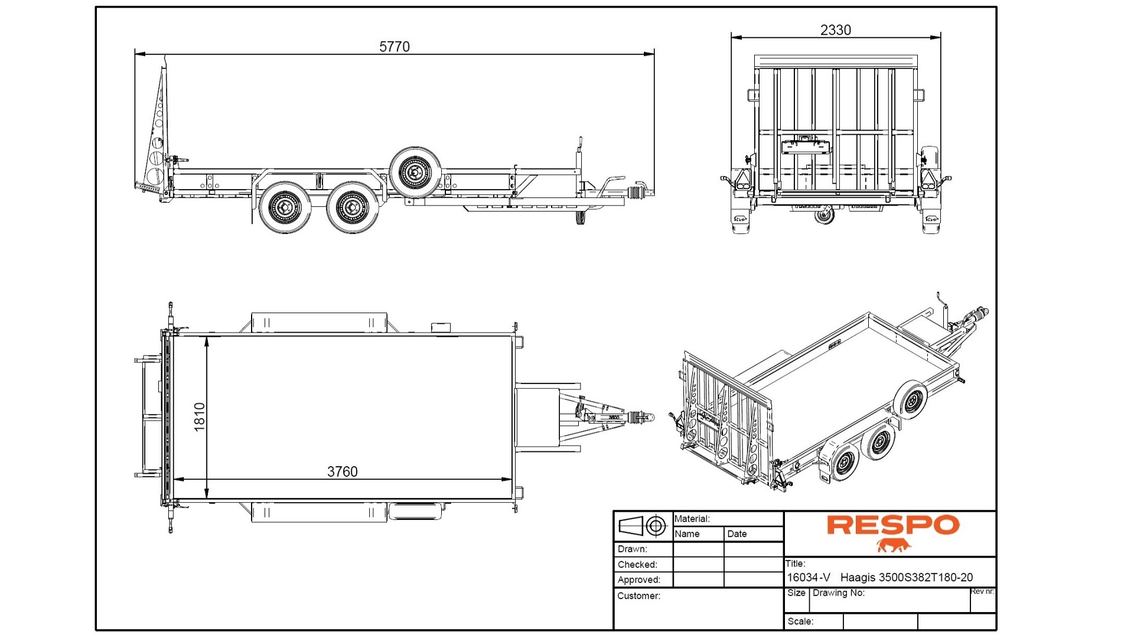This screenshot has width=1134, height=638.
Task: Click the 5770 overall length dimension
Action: click(x=394, y=47)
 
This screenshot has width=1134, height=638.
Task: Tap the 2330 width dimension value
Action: click(x=835, y=30)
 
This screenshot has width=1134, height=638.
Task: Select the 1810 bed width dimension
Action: click(x=200, y=416)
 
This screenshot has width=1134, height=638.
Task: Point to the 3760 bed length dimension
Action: click(x=342, y=471)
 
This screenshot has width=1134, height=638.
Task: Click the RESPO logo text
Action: click(x=892, y=525)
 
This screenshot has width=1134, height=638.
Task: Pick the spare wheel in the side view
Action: click(x=415, y=172)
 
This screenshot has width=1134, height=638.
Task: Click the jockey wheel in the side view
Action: click(x=579, y=218)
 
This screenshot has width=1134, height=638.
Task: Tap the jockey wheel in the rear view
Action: click(x=824, y=215)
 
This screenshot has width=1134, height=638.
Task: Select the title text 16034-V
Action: click(x=808, y=578)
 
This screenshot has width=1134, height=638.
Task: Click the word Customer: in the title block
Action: click(x=638, y=595)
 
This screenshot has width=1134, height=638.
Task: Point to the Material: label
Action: click(x=692, y=519)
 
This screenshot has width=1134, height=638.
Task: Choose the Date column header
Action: click(x=737, y=533)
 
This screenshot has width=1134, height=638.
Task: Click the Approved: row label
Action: click(x=638, y=580)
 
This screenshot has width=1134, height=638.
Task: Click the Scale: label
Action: click(x=800, y=621)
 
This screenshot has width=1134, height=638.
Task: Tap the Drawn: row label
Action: click(x=632, y=549)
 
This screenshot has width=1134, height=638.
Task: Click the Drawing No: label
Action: click(x=838, y=593)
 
